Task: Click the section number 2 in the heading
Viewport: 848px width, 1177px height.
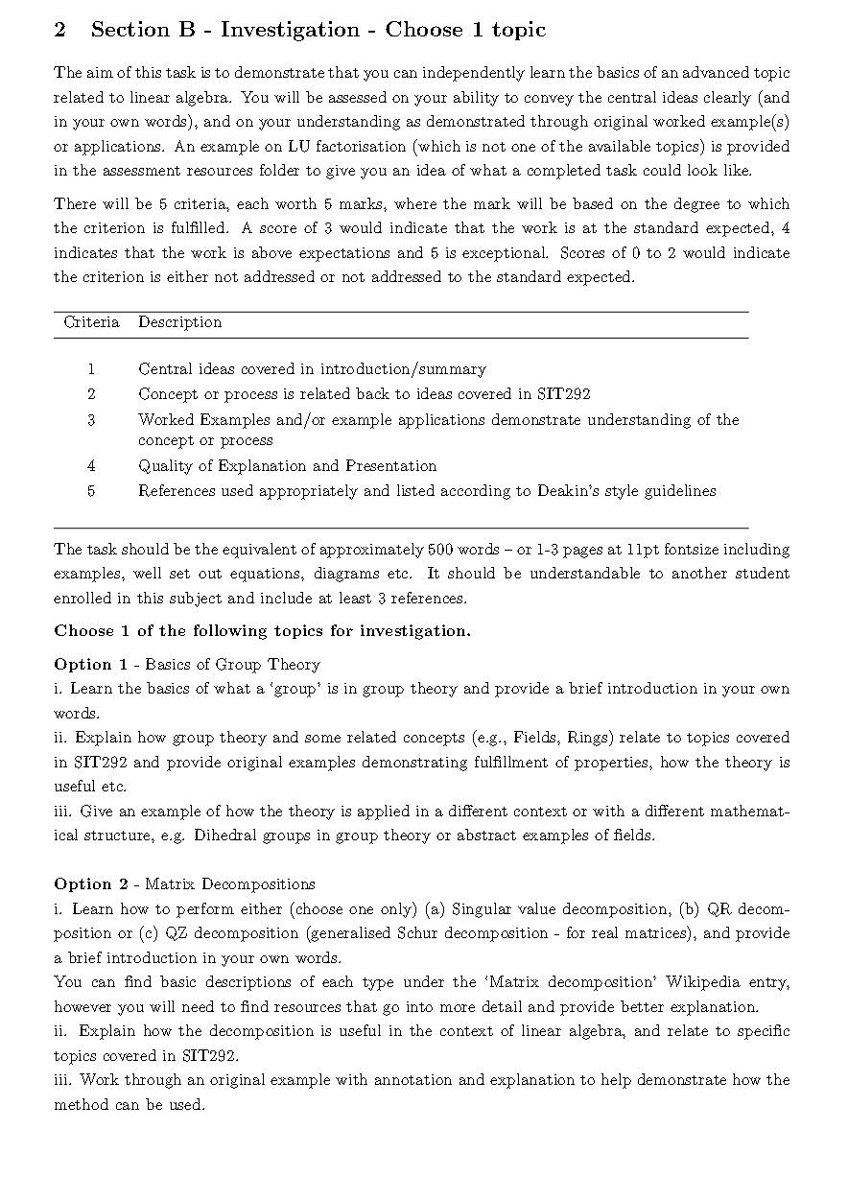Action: (x=60, y=30)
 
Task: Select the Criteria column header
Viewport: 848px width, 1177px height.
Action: (x=91, y=322)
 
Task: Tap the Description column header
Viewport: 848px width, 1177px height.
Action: (x=179, y=322)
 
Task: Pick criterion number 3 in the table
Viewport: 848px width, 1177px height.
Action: (x=91, y=420)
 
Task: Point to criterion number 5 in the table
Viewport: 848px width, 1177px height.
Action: (x=91, y=491)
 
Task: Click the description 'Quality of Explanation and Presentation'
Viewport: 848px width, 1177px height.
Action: (x=287, y=466)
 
